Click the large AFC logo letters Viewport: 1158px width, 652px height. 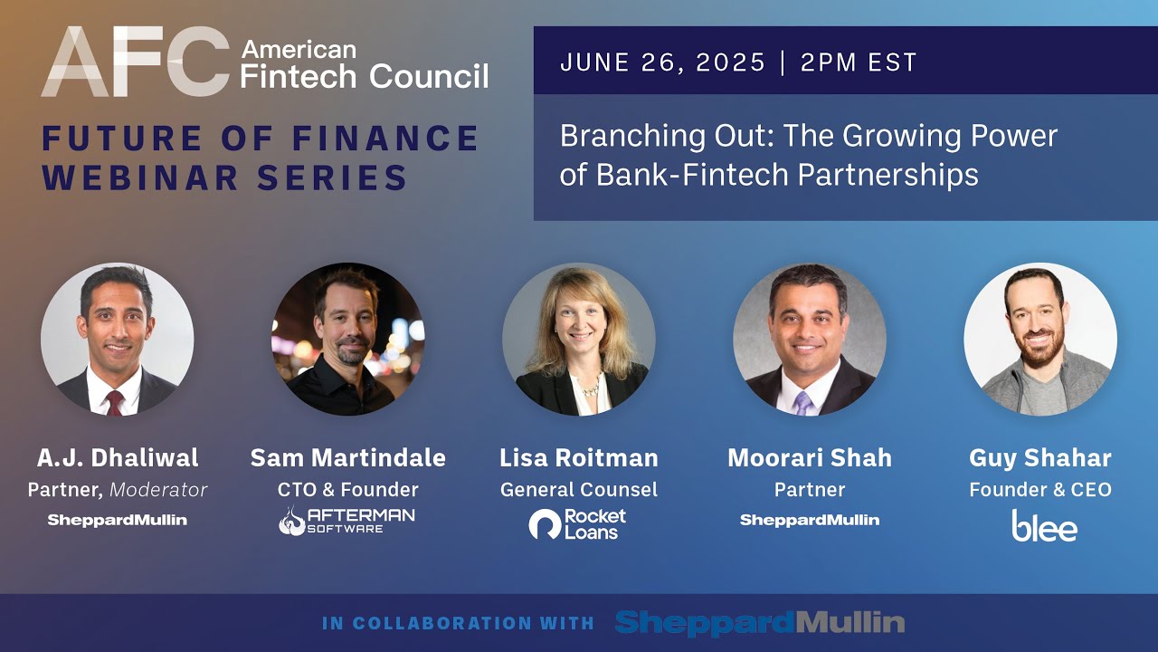click(x=136, y=62)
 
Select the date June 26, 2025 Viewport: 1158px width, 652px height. click(x=663, y=62)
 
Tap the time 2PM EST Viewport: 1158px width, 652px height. click(x=859, y=62)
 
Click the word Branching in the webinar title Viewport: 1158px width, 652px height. click(x=625, y=137)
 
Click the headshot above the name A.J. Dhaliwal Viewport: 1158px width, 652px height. click(x=117, y=340)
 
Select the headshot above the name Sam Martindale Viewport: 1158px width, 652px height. click(x=347, y=340)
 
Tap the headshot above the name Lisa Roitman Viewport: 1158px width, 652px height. click(x=579, y=340)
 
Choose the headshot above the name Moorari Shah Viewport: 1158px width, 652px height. click(x=810, y=340)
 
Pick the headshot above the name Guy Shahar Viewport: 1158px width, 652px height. click(x=1040, y=340)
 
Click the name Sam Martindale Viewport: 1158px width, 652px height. click(x=347, y=458)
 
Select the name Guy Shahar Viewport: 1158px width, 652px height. click(x=1040, y=458)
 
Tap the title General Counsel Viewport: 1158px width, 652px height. click(x=579, y=490)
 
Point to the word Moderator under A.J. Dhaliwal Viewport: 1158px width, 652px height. click(x=158, y=490)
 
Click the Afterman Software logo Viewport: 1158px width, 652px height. click(x=347, y=521)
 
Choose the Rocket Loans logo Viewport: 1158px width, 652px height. click(x=578, y=523)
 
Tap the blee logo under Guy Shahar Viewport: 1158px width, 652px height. click(x=1044, y=525)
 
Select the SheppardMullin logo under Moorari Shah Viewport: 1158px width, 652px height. click(x=810, y=520)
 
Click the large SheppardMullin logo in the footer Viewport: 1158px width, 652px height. click(x=760, y=622)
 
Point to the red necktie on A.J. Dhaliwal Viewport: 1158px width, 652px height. click(x=115, y=403)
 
